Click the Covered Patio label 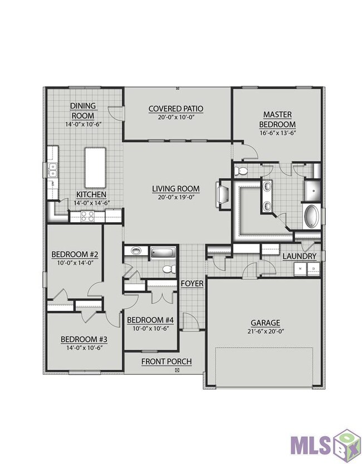pos(175,109)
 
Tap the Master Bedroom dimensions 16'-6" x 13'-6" pos(277,133)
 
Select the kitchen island pos(95,168)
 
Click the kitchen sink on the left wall pos(53,170)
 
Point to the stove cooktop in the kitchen pos(87,216)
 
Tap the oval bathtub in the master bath pos(312,217)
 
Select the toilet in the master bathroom pos(241,171)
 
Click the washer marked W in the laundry pos(300,268)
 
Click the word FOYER pos(192,284)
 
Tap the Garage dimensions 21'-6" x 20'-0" pos(266,332)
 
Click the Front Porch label pos(167,362)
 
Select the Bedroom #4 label pos(150,320)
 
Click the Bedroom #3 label pos(84,339)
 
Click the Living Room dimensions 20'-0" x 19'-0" pos(176,197)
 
